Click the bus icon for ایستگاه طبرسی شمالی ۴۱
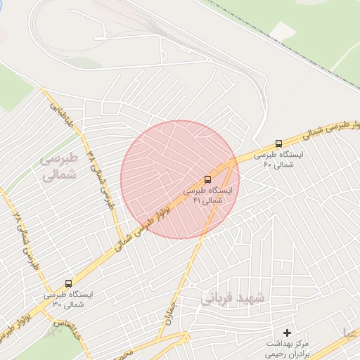pos(207,179)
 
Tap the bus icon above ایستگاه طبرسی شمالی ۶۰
pos(279,143)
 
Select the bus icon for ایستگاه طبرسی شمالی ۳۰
pos(68,283)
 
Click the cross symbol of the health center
pos(287,332)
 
